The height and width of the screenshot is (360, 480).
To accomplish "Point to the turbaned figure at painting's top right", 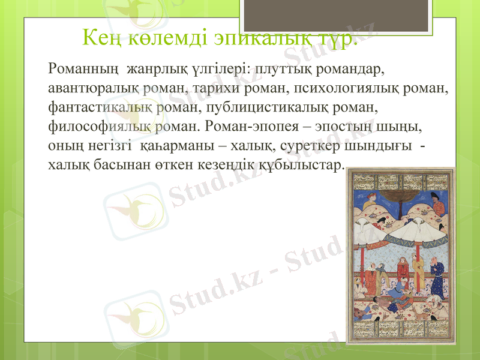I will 437,207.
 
